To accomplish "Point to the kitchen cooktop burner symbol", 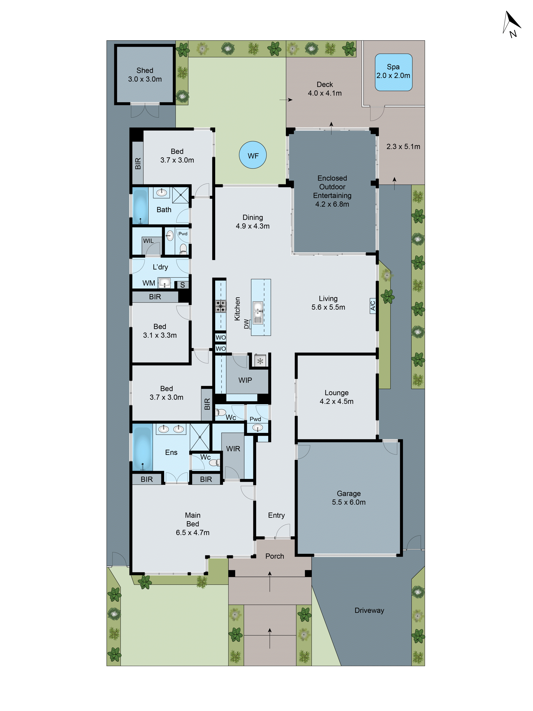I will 220,306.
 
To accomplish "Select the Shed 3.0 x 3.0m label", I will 145,75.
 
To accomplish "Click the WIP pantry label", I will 245,380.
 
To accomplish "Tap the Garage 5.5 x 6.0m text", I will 349,498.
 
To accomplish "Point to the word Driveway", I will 369,610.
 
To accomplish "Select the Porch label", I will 275,556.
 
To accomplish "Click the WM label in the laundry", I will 149,283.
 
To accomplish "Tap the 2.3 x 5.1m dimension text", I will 403,147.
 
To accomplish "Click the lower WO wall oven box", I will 220,348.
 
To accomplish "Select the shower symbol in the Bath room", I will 181,195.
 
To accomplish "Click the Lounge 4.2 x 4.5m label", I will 336,397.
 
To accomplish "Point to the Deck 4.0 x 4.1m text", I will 325,89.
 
